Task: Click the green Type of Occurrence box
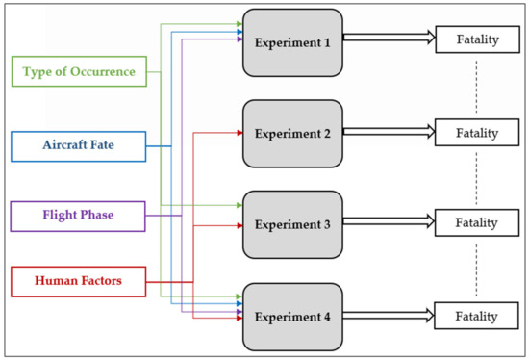pos(79,71)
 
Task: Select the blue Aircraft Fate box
pos(79,145)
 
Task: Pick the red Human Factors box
pos(79,282)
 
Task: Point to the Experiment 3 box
pos(292,224)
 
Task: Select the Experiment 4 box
pos(292,315)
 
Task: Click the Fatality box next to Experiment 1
pos(477,41)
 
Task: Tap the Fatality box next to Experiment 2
pos(477,132)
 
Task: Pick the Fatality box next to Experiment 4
pos(477,315)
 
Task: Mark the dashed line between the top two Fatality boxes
pos(477,87)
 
